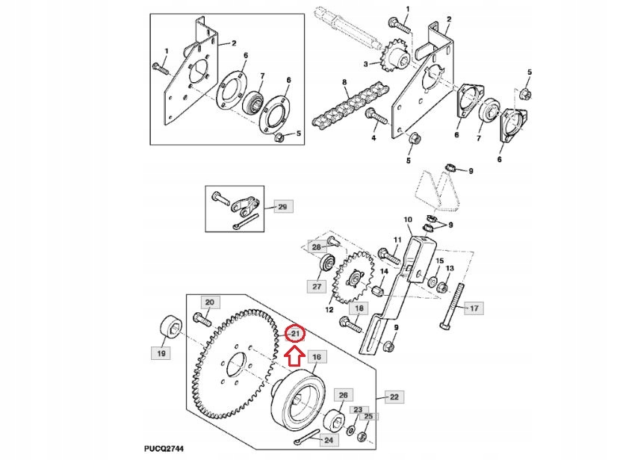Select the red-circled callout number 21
[x=295, y=333]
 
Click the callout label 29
[x=282, y=206]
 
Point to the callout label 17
[x=473, y=307]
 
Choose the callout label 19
[x=160, y=352]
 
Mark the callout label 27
[x=317, y=285]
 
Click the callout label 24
[x=328, y=441]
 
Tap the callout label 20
[x=209, y=302]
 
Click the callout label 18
[x=359, y=308]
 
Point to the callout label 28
[x=316, y=247]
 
